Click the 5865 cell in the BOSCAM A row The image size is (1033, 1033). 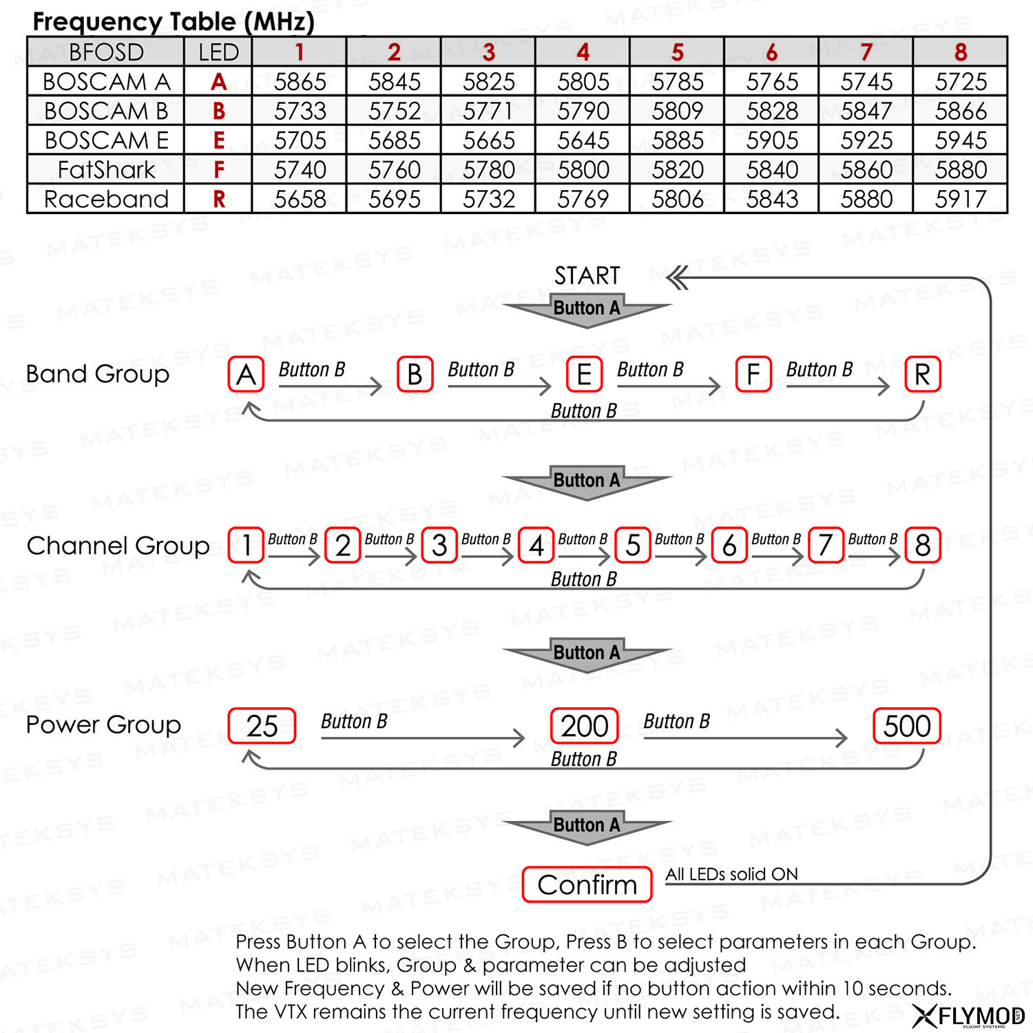(300, 81)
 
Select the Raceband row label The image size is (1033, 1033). (106, 199)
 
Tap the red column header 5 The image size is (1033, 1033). (677, 52)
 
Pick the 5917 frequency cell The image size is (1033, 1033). (961, 199)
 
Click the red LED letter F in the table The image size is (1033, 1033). (219, 169)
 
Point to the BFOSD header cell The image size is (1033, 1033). (106, 52)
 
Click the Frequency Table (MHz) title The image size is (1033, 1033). (174, 21)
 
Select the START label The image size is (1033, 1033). (587, 275)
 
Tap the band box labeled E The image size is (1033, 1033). (584, 375)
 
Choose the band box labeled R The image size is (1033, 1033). (923, 375)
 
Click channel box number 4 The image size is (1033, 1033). (536, 545)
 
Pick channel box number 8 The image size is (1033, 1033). (923, 545)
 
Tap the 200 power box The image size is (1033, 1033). (585, 726)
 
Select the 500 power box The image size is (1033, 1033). (907, 726)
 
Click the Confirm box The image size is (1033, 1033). (587, 885)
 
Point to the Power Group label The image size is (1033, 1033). (103, 724)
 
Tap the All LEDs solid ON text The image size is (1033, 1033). (731, 874)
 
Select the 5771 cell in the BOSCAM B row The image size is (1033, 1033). (488, 111)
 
